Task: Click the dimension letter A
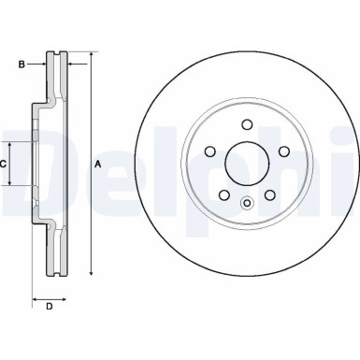coord(98,166)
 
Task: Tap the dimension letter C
coord(5,164)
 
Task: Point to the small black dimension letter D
coord(49,307)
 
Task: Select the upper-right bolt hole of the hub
coord(282,151)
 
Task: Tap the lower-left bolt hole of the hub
coord(223,194)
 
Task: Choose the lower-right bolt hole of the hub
coord(269,194)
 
